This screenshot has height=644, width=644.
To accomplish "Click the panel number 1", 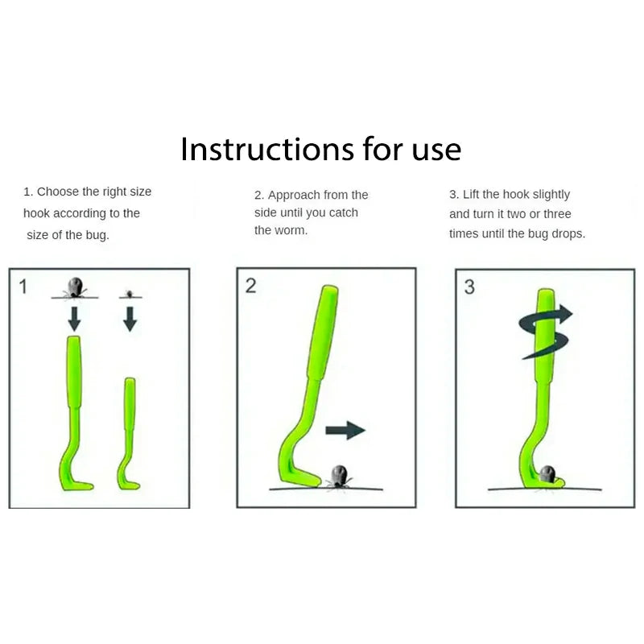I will pyautogui.click(x=23, y=286).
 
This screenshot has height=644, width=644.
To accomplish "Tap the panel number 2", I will pyautogui.click(x=250, y=286).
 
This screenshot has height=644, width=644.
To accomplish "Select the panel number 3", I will pyautogui.click(x=469, y=287).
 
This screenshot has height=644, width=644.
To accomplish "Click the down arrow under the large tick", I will pyautogui.click(x=74, y=318).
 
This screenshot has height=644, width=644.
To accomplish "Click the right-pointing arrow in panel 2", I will pyautogui.click(x=345, y=431).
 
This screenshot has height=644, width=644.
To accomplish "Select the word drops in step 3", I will pyautogui.click(x=568, y=233).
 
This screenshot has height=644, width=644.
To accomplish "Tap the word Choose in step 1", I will pyautogui.click(x=57, y=192).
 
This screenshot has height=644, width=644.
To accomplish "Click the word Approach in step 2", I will pyautogui.click(x=292, y=195).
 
